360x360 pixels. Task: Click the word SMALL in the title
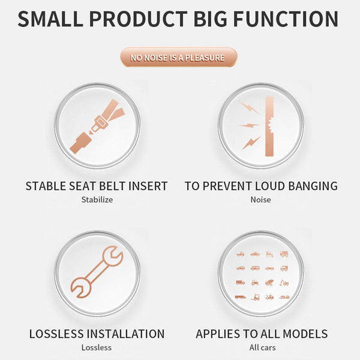coord(50,19)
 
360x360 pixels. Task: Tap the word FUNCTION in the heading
coord(286,19)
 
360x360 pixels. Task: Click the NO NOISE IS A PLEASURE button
coord(179,57)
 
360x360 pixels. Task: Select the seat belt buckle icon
coord(97,126)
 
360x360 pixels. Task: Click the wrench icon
coord(97,272)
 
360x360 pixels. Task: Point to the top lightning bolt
coord(249,107)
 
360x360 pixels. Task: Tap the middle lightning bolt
coord(249,125)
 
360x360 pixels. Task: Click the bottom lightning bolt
coord(251,143)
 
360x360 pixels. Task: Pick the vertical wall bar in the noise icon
coord(269,127)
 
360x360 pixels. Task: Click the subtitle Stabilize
coord(97,200)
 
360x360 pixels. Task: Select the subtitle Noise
coord(260,200)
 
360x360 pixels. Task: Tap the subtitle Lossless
coord(97,347)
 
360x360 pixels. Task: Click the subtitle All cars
coord(262,347)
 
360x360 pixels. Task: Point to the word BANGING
coord(313,186)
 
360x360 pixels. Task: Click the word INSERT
coord(148,186)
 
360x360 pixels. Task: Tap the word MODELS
coord(305,334)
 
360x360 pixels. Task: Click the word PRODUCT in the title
coord(139,19)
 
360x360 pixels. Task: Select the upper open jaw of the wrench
coord(113,256)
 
